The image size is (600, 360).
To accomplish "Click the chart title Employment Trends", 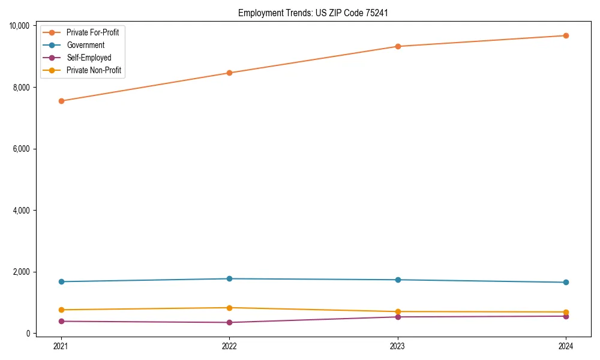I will pos(317,13).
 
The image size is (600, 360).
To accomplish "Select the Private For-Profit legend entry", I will pos(92,32).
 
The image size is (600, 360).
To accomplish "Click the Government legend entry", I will pos(85,45).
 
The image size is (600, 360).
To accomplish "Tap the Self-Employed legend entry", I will pos(89,58).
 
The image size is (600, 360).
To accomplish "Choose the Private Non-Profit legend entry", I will pos(94,70).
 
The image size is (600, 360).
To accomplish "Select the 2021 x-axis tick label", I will pos(61,346).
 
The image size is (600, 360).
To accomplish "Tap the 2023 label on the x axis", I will pos(398,346).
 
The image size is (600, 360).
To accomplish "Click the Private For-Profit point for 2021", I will pos(61,101).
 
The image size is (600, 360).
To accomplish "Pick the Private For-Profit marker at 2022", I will pos(229,73).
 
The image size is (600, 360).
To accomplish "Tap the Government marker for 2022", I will pos(229,278).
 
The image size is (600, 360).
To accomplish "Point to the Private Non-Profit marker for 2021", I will pos(61,310).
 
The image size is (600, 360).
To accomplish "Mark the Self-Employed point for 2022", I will pos(229,322).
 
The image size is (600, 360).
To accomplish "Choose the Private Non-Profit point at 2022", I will pos(229,308).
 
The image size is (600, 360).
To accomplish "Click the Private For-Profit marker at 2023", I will pos(398,46).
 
